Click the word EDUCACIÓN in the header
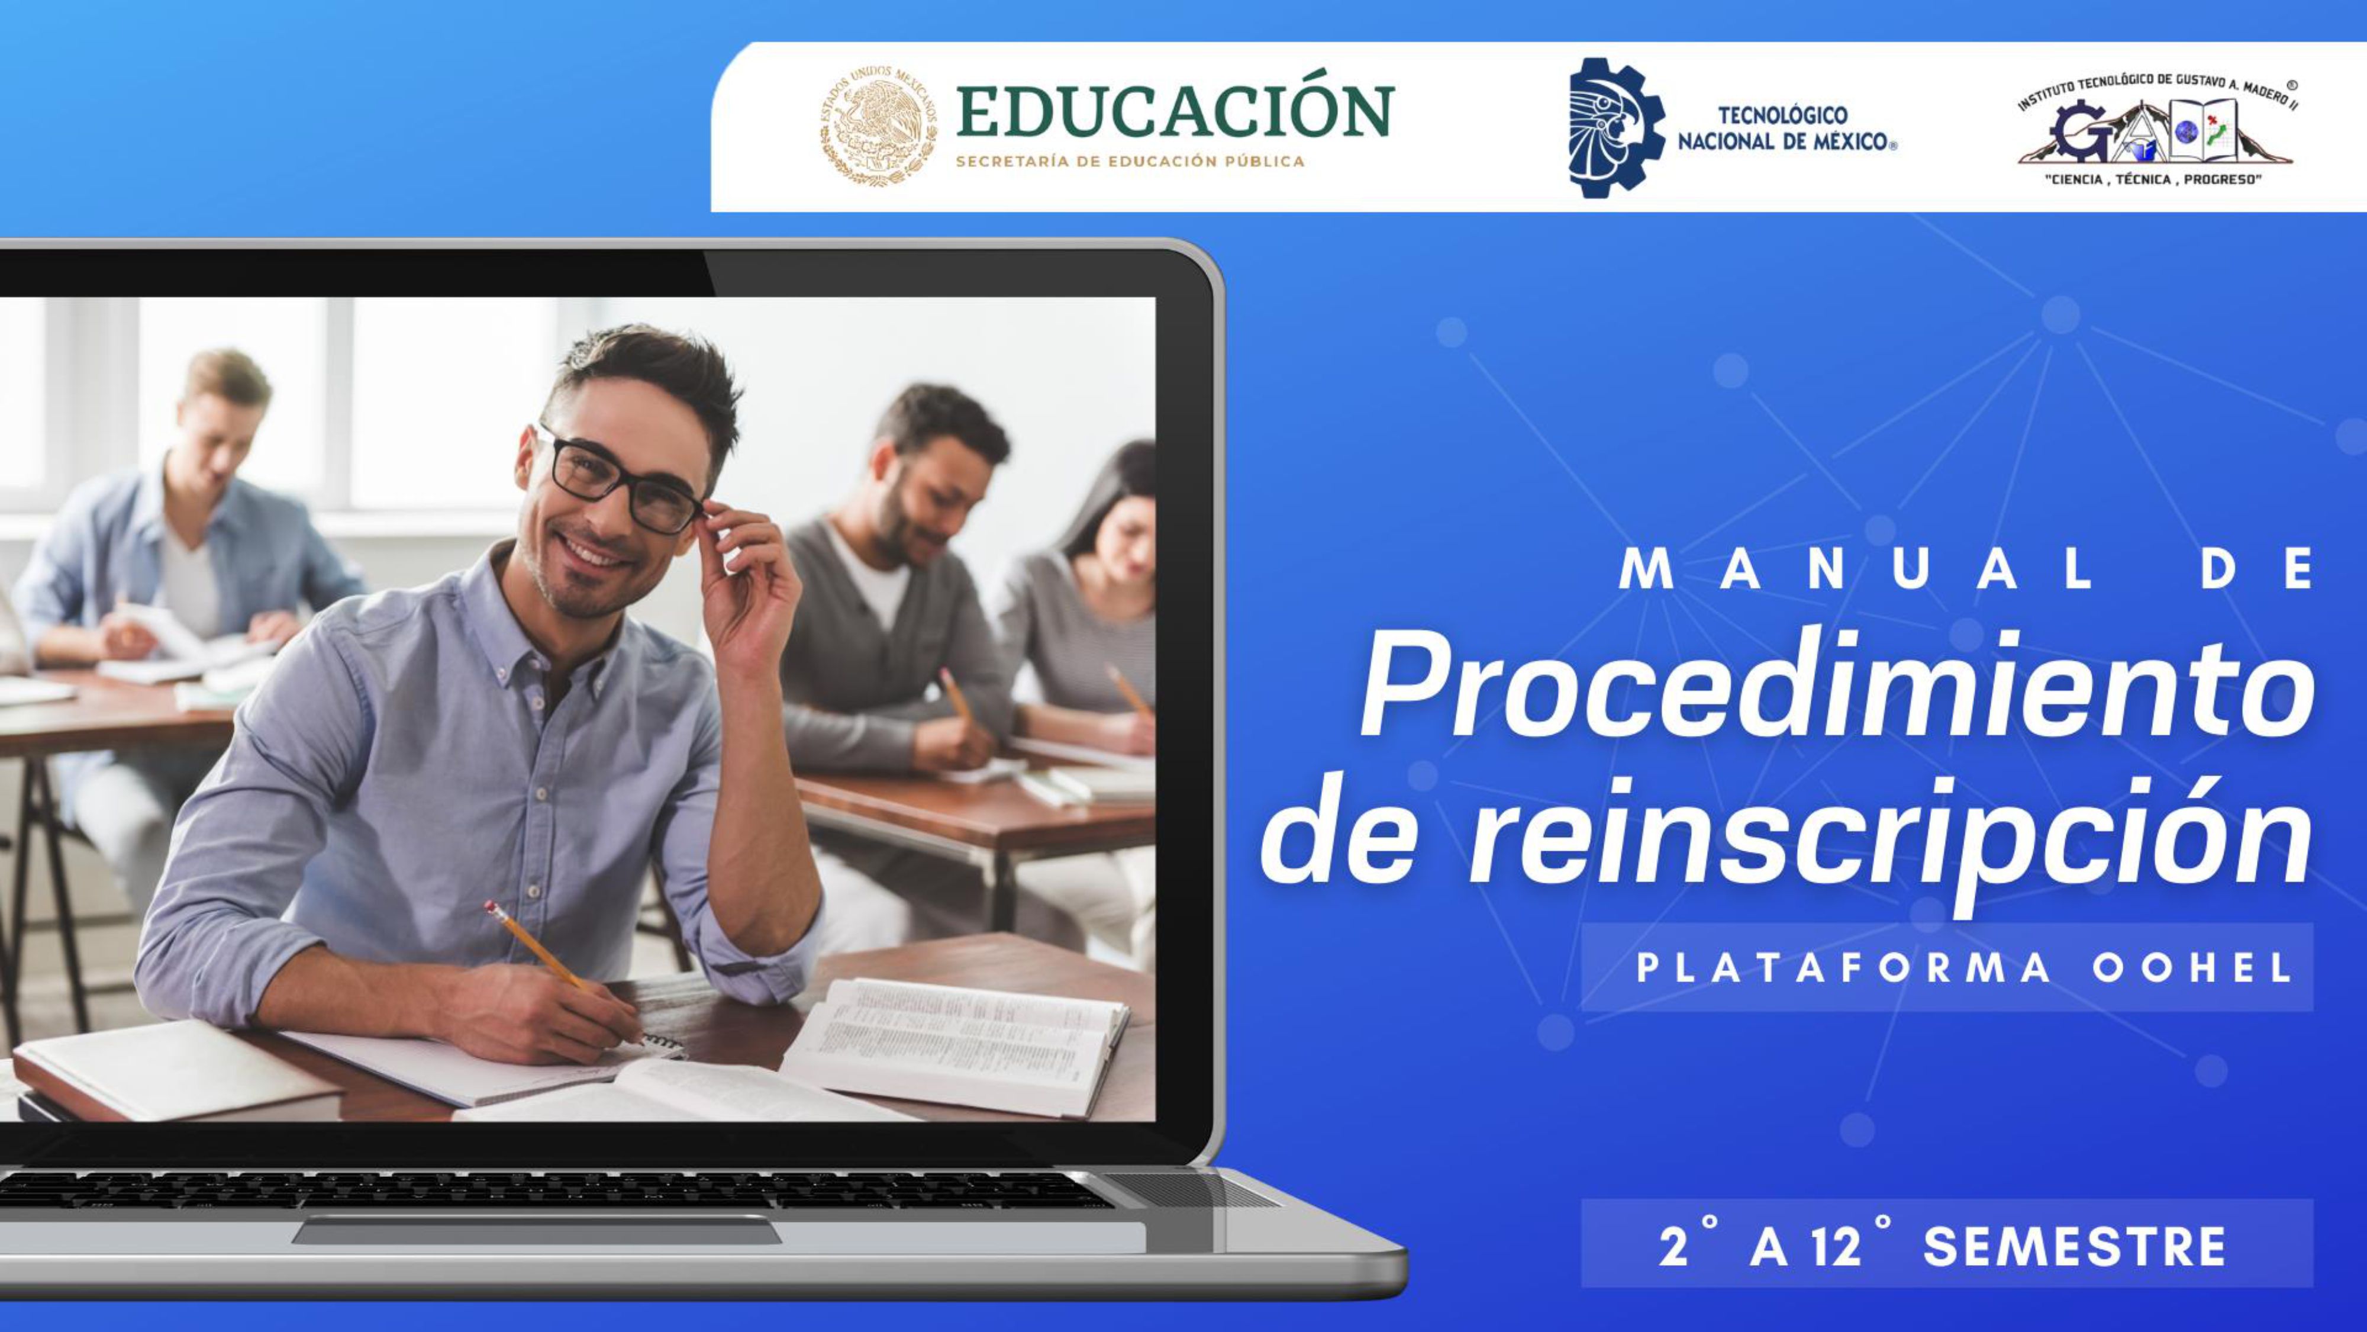pos(1174,112)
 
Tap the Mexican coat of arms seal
pos(878,126)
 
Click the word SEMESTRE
pos(2075,1247)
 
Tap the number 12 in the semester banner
pos(1836,1247)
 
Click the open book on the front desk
pos(956,1043)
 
